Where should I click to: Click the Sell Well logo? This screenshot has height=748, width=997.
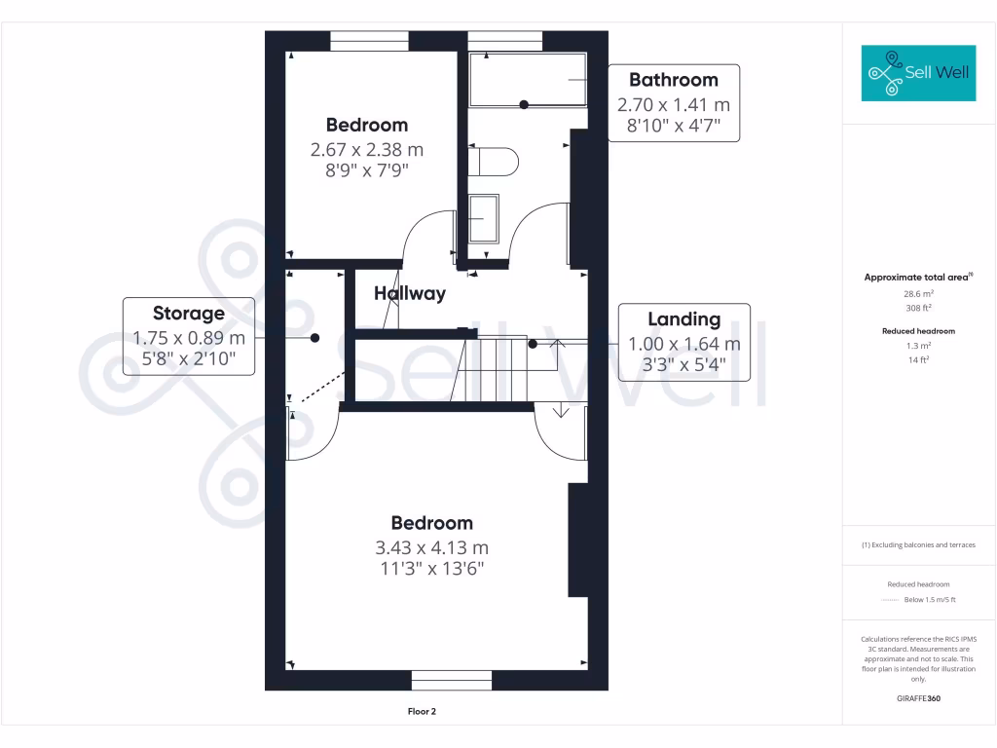click(918, 73)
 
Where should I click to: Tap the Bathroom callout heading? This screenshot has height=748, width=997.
click(673, 80)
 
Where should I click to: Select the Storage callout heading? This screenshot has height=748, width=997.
click(188, 314)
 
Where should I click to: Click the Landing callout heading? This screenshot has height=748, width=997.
click(684, 319)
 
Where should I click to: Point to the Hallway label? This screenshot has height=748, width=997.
click(410, 293)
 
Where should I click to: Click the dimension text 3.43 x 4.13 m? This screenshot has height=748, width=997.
click(431, 547)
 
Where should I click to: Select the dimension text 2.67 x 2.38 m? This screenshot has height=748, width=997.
click(367, 150)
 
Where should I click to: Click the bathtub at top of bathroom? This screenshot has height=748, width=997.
click(528, 80)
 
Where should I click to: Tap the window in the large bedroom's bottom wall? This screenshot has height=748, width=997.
click(451, 680)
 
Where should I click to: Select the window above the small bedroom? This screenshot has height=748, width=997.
click(369, 40)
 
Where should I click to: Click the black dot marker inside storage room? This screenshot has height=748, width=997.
click(314, 338)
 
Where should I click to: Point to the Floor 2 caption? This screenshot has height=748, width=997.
click(421, 712)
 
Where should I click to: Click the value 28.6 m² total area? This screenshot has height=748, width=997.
click(918, 293)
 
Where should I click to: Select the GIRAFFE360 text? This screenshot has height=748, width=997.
click(918, 698)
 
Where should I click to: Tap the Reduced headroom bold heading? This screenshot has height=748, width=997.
click(918, 331)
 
